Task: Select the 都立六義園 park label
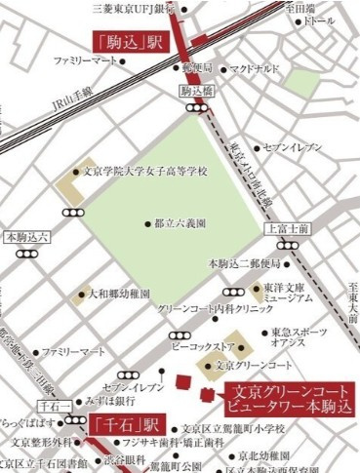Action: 180,222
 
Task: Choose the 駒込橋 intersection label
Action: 196,91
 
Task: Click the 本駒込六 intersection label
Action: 26,236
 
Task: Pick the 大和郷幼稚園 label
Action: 119,293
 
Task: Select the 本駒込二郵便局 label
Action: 244,264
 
